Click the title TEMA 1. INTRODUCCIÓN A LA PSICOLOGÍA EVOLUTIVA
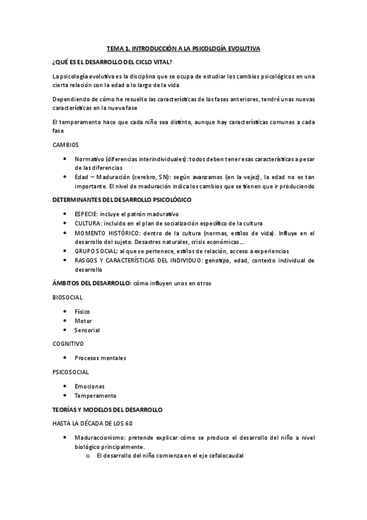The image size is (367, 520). [x=183, y=48]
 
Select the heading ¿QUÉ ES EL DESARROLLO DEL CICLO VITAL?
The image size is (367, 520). [x=112, y=62]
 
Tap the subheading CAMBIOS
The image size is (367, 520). [x=66, y=145]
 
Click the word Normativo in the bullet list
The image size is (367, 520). [x=89, y=159]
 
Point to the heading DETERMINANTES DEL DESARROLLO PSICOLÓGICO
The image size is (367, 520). [x=123, y=200]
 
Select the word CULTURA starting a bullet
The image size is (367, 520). [x=88, y=223]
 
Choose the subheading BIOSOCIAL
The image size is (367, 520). [x=67, y=297]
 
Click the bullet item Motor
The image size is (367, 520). [x=83, y=321]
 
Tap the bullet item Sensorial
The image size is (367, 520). [x=88, y=330]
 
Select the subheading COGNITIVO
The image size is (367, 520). [x=68, y=344]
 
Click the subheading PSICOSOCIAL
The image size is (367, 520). [x=70, y=372]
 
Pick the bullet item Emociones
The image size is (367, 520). [x=89, y=386]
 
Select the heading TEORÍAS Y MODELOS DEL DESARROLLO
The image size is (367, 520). [x=107, y=409]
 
